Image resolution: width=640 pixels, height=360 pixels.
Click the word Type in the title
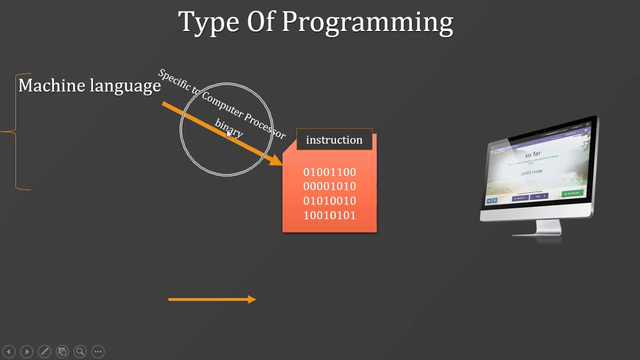(209, 22)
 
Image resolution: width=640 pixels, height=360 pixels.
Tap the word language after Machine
(125, 86)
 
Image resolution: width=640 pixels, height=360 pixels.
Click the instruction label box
(334, 140)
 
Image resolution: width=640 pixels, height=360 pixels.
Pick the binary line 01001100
(329, 172)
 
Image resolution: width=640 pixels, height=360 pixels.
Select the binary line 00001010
(329, 186)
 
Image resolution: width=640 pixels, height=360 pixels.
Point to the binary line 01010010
(329, 201)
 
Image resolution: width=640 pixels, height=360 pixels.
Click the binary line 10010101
(329, 215)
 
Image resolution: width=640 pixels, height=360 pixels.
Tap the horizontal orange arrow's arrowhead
(252, 299)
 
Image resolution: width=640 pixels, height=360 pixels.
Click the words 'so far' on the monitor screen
(533, 154)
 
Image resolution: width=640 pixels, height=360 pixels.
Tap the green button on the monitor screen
(571, 193)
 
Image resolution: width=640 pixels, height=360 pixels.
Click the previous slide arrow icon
(8, 351)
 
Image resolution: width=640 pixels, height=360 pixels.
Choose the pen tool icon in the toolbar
(44, 351)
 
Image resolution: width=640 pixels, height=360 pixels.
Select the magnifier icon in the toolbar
(80, 351)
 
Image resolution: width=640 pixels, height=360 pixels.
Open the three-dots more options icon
(98, 351)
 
